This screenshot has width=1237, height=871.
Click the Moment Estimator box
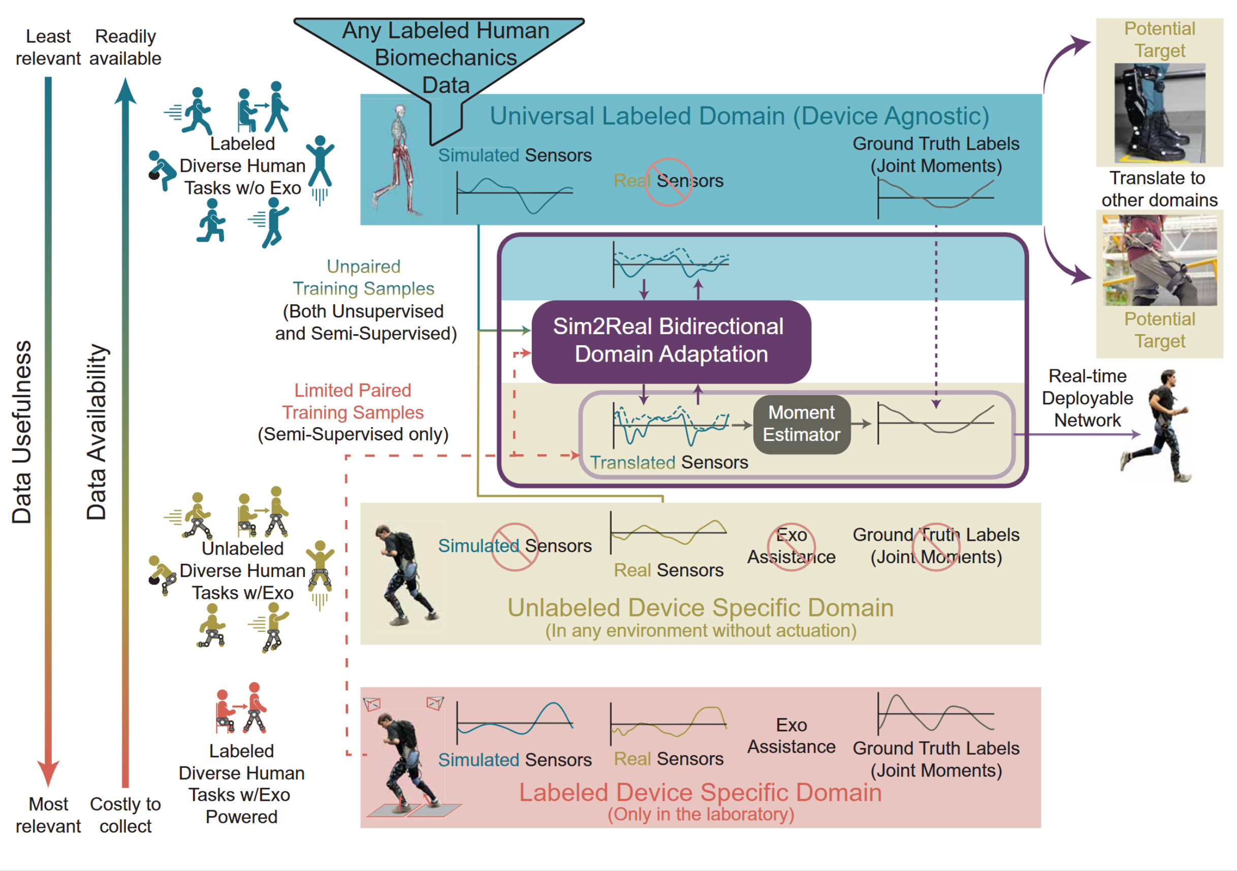click(x=801, y=425)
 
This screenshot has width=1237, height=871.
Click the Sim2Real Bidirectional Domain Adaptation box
click(x=671, y=341)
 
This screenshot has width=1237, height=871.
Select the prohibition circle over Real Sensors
click(x=669, y=181)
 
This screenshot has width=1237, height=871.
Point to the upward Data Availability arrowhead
click(x=125, y=90)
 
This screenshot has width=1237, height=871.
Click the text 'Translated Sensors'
click(x=669, y=462)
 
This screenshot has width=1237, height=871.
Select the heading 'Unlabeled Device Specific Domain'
click(x=701, y=607)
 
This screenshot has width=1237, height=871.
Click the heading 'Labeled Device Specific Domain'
click(x=701, y=792)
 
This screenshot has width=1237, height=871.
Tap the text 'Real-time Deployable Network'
click(x=1087, y=398)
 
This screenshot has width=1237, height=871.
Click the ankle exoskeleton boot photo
click(x=1159, y=113)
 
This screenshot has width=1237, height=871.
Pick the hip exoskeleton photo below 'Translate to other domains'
click(x=1159, y=260)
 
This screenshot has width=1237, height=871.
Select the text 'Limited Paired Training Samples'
click(x=353, y=401)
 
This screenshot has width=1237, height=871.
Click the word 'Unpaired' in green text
click(x=364, y=267)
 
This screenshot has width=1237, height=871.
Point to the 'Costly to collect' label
click(x=125, y=815)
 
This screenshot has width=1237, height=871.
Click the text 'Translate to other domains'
click(x=1159, y=188)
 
